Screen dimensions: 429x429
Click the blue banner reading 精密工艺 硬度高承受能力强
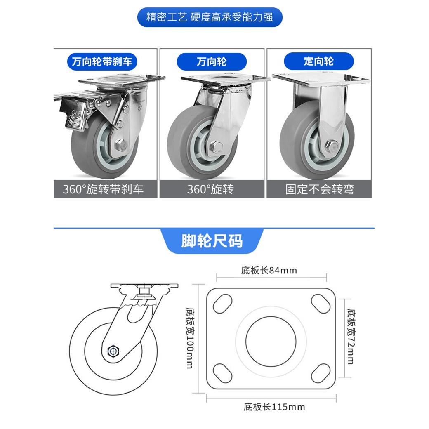[x=210, y=17]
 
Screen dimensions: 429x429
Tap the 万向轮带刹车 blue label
[x=102, y=61]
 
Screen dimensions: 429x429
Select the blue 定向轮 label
[x=319, y=61]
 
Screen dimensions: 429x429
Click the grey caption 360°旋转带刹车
[x=103, y=189]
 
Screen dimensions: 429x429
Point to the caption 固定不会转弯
[x=320, y=189]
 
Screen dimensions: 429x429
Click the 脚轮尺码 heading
[x=212, y=241]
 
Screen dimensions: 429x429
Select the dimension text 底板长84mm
[x=269, y=270]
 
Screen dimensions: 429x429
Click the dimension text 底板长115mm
[x=274, y=407]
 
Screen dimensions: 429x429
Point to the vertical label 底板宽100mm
[x=190, y=338]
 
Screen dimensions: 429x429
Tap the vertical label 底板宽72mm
[x=351, y=337]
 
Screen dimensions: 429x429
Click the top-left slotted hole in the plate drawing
[x=222, y=304]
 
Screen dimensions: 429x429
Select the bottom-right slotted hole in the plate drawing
[x=321, y=373]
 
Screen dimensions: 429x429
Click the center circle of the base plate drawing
[x=271, y=342]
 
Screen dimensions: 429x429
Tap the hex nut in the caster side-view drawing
[x=113, y=351]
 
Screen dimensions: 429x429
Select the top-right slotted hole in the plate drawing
[x=321, y=304]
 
